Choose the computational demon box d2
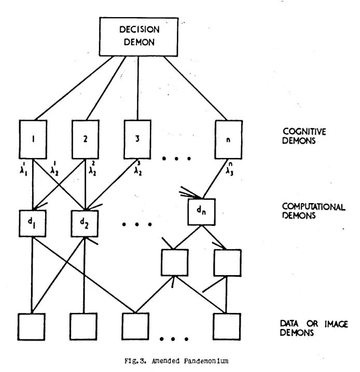[x=85, y=223]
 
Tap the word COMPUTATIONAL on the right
[x=313, y=207]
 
